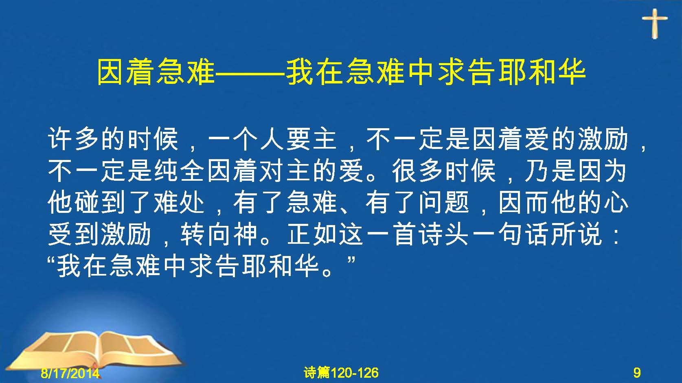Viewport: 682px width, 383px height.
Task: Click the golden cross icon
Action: tap(655, 24)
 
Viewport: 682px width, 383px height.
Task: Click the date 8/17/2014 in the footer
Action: tap(70, 373)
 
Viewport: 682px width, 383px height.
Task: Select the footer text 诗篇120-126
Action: tap(341, 372)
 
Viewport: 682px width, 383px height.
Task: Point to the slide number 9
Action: tap(637, 372)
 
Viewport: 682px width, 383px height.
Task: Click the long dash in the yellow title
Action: tap(250, 73)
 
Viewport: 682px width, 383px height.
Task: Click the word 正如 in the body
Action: tap(311, 234)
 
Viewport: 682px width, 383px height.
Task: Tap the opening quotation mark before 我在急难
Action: tap(53, 260)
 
